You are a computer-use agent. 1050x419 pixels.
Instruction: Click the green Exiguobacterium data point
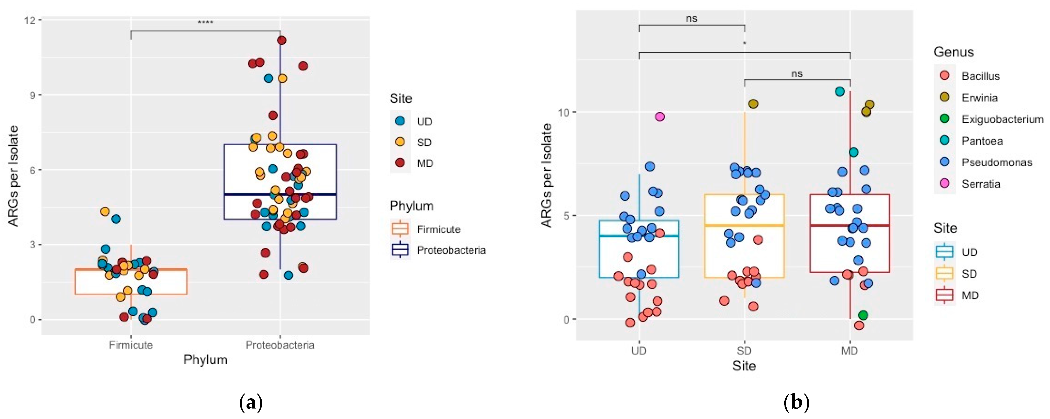863,315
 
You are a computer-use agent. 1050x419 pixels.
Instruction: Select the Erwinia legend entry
979,98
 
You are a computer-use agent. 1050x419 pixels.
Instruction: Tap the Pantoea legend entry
982,141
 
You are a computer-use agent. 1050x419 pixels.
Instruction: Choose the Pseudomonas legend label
997,162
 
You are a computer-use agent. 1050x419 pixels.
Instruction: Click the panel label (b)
796,403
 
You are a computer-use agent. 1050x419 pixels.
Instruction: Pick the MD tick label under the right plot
850,351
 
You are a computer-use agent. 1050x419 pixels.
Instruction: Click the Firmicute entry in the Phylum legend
438,229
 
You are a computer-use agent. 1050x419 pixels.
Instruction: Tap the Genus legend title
953,52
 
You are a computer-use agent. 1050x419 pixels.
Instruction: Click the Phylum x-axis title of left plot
205,359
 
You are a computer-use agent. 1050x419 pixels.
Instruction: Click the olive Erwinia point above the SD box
753,104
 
